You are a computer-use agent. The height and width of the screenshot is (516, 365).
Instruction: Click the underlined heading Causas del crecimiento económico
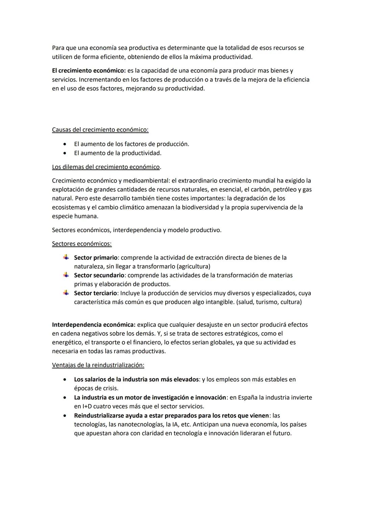[x=100, y=130]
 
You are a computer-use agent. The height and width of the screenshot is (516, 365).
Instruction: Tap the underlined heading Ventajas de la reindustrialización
[x=98, y=365]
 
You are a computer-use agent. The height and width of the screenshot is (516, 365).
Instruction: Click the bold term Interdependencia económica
[x=94, y=325]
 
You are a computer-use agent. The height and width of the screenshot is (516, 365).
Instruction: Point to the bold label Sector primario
[x=96, y=258]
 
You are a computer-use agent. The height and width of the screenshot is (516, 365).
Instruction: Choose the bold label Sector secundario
[x=99, y=275]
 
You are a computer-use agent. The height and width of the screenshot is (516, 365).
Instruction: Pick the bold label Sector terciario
[x=95, y=293]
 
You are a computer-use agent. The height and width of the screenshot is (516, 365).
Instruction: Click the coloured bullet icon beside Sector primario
[x=66, y=257]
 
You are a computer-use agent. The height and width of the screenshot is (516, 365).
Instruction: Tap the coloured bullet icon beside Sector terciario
[x=66, y=293]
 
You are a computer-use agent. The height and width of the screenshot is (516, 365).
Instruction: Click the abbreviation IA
[x=176, y=424]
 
